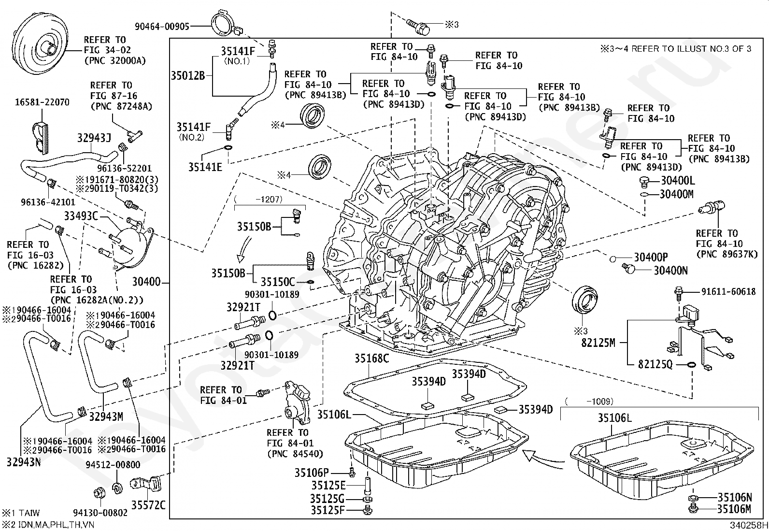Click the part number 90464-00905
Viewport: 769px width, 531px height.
click(x=162, y=27)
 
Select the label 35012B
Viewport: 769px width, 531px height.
click(x=188, y=75)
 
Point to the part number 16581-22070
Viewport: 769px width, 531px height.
click(x=42, y=102)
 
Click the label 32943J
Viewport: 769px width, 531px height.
click(x=94, y=138)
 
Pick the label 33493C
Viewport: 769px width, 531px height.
click(x=81, y=216)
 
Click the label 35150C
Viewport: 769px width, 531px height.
click(x=278, y=282)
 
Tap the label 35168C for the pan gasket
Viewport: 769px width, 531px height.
click(x=372, y=358)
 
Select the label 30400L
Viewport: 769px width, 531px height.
click(x=677, y=181)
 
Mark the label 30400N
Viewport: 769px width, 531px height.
click(x=670, y=271)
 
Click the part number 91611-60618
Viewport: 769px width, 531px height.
click(x=728, y=291)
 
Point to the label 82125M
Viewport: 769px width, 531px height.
click(x=598, y=343)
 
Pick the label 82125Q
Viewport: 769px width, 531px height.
click(x=655, y=364)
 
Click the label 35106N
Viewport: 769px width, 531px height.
click(x=734, y=498)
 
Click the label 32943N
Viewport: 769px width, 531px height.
click(x=24, y=462)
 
